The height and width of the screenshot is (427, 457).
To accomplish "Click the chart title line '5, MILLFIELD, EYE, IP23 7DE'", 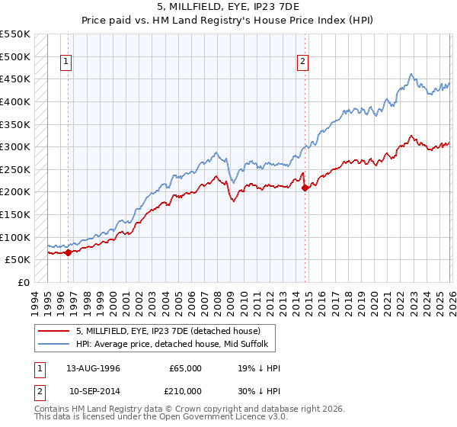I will point(228,7).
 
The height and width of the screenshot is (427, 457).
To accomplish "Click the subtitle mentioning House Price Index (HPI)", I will point(228,19).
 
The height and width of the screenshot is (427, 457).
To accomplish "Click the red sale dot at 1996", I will point(68,252).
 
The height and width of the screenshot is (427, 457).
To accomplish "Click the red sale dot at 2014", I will point(305,188).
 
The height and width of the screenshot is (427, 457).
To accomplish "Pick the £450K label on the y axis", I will point(16,79).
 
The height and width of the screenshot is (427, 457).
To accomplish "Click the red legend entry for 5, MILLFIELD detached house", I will point(168,330).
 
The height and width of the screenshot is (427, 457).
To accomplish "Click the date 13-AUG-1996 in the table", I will point(93,368).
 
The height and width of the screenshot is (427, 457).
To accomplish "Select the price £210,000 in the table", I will point(185,390).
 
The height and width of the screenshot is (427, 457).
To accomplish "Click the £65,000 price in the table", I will point(185,368).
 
